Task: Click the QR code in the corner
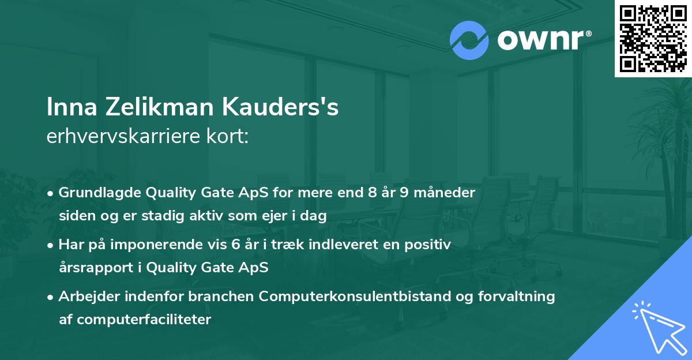tap(653, 39)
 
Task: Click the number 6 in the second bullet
tap(236, 245)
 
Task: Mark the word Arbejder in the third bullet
tap(84, 297)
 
